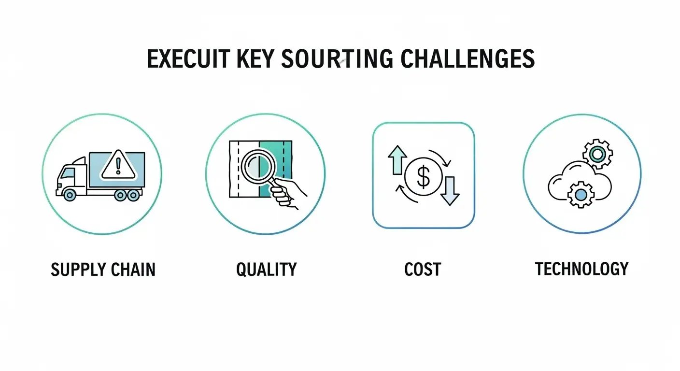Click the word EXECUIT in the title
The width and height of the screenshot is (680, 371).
(188, 58)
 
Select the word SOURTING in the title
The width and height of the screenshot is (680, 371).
(337, 58)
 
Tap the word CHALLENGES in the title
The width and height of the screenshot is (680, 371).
(467, 58)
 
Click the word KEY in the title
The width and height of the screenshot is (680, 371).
(255, 58)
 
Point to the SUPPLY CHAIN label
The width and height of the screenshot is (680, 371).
(103, 270)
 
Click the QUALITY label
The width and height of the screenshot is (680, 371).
(266, 270)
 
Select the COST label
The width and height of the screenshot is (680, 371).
(423, 270)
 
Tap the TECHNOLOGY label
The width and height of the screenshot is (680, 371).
(581, 269)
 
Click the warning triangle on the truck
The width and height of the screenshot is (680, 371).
(118, 165)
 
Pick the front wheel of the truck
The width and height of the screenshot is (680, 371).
(70, 195)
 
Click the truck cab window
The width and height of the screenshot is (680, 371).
(69, 173)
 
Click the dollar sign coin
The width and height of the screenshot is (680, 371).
(423, 177)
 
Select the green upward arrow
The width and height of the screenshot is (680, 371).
(397, 160)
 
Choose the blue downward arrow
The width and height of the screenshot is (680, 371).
(450, 191)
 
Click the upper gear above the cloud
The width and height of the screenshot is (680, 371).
(597, 154)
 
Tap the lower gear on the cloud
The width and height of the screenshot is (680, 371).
(581, 195)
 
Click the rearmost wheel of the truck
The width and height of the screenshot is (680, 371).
(133, 195)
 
